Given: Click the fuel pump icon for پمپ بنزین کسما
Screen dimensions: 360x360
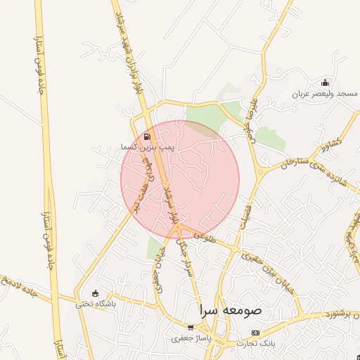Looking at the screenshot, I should tap(147, 137).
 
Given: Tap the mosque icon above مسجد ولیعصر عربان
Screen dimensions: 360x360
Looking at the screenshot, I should tap(324, 82).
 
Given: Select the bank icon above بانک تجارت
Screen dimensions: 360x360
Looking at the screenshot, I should tap(255, 332).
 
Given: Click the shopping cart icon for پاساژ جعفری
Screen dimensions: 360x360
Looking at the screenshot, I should tap(191, 328).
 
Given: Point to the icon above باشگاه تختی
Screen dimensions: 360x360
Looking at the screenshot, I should tap(96, 293).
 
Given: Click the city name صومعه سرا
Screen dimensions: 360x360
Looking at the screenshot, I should tap(230, 309).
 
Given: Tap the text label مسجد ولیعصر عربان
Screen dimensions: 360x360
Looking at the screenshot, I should tap(326, 94).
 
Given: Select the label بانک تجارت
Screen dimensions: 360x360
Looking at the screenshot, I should tap(256, 342).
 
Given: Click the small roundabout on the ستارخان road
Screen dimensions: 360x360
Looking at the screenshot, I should tap(260, 171).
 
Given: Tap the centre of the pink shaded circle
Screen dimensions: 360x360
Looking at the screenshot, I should tap(180, 179).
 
